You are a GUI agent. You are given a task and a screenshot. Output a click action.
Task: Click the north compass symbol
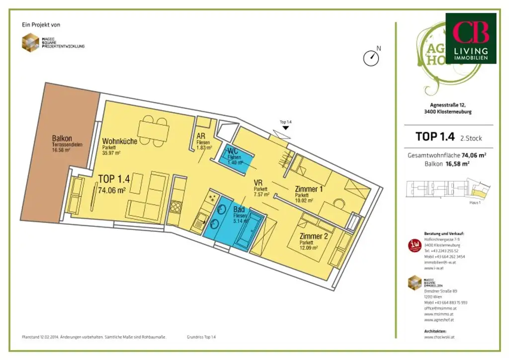click(x=371, y=58)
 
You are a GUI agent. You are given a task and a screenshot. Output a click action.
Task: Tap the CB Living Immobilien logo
click(x=470, y=38)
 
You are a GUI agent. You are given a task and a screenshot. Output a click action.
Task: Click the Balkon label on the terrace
click(x=62, y=138)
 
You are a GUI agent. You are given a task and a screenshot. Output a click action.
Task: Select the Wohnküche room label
click(x=120, y=141)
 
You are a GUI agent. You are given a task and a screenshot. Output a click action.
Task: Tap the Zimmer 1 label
click(x=309, y=189)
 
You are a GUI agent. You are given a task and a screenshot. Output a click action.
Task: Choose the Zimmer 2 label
click(x=313, y=236)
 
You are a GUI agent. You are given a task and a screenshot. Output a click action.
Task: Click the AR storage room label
click(x=201, y=136)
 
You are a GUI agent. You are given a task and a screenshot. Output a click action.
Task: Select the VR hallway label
click(x=258, y=182)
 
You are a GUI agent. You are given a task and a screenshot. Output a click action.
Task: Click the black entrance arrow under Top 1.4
click(x=285, y=128)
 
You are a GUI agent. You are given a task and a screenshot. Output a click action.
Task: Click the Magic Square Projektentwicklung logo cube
click(x=30, y=42)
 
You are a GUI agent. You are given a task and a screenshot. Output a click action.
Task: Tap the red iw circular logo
click(x=414, y=245)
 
